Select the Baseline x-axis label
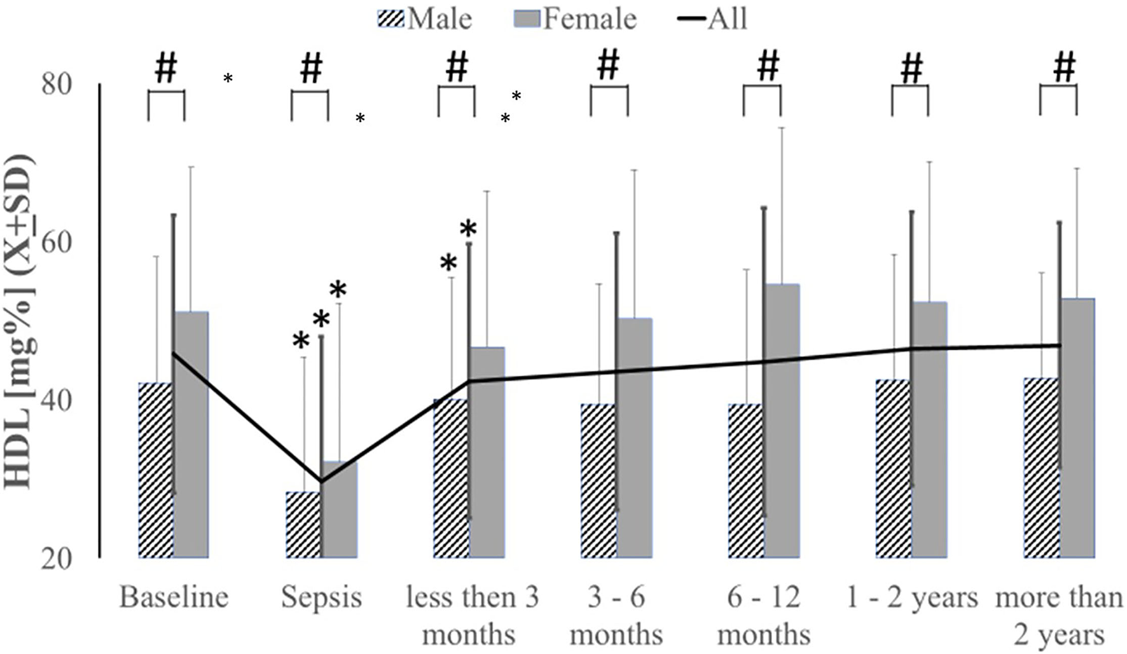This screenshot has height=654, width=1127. (x=174, y=598)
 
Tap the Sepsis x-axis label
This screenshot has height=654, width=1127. (x=321, y=598)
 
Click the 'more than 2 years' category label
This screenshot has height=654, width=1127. (x=1058, y=616)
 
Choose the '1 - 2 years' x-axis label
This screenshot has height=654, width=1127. (x=911, y=598)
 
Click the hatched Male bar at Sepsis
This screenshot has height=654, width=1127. (x=303, y=525)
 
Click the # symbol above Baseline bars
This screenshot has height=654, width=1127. (x=166, y=68)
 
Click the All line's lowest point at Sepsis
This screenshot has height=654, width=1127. (x=321, y=482)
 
